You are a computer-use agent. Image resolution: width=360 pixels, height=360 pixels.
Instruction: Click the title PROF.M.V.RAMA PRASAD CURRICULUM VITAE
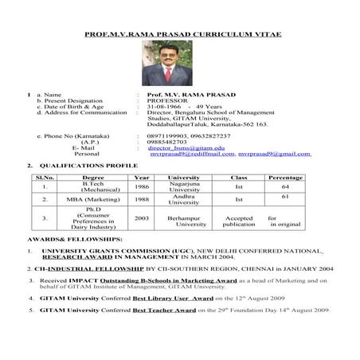click(x=179, y=33)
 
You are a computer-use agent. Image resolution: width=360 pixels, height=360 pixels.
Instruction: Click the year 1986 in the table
click(x=142, y=186)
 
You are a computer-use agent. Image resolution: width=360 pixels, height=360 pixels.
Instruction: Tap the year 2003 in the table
click(x=142, y=217)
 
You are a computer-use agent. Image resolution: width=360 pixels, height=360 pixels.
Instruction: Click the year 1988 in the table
click(x=142, y=199)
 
